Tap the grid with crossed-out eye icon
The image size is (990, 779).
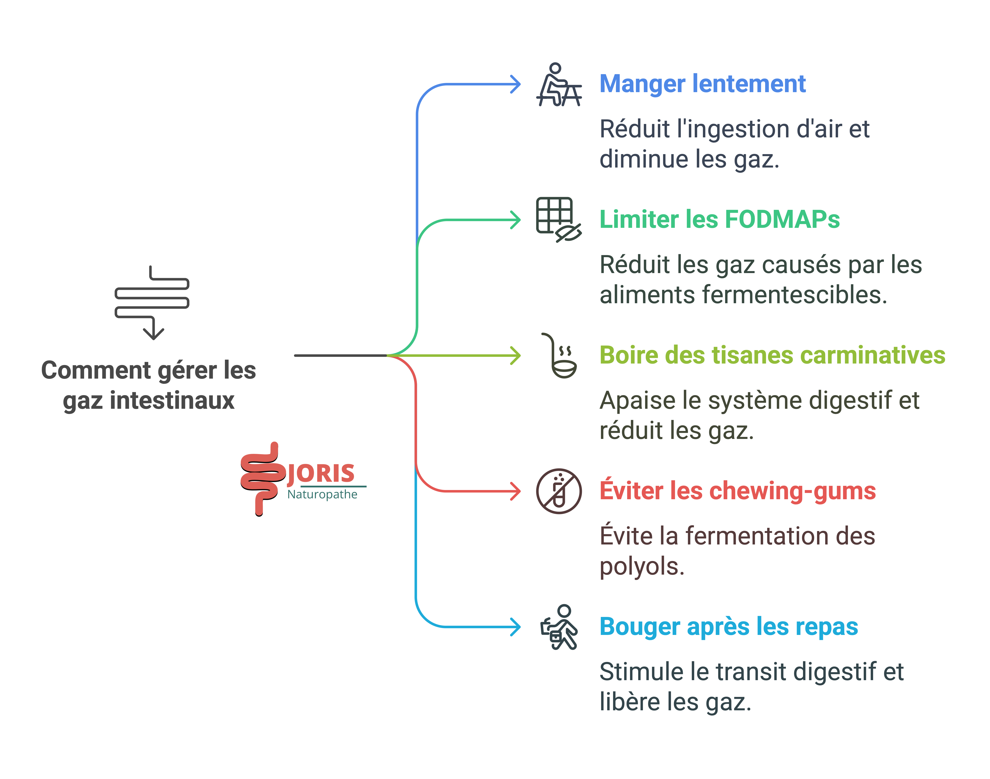coord(558,219)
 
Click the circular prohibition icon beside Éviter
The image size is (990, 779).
coord(559,491)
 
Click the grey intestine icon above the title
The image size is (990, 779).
coord(152,302)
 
